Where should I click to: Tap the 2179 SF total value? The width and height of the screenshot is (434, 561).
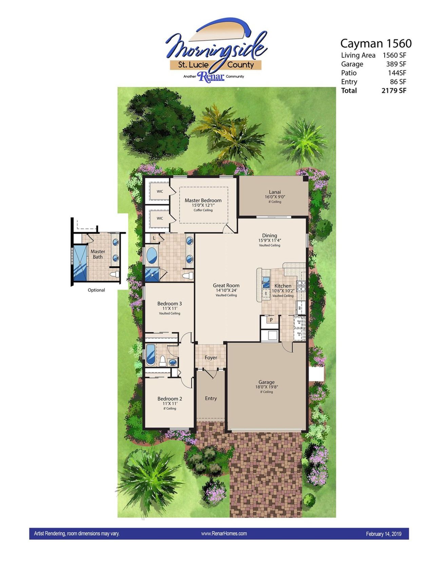click(x=394, y=90)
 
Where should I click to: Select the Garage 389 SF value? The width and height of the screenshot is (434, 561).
click(x=396, y=64)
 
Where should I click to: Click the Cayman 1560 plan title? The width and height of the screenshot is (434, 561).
click(x=376, y=43)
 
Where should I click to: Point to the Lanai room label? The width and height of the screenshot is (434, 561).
click(x=275, y=192)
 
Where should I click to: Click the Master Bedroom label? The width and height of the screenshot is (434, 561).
click(x=203, y=201)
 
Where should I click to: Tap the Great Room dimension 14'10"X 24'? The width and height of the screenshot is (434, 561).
click(x=226, y=290)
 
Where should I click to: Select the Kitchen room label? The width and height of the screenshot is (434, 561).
click(x=283, y=286)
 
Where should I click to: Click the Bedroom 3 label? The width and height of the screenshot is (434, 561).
click(x=170, y=304)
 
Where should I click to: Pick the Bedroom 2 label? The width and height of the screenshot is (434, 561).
click(x=170, y=399)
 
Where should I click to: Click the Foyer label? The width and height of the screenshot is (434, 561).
click(x=211, y=358)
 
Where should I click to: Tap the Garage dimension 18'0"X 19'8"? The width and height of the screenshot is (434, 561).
click(x=267, y=387)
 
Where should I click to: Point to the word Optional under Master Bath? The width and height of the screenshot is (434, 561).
click(x=96, y=290)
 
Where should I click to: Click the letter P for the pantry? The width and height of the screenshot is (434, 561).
click(x=271, y=320)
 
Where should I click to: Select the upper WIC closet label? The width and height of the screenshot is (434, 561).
click(x=160, y=191)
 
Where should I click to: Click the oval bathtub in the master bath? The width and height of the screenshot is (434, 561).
click(x=152, y=256)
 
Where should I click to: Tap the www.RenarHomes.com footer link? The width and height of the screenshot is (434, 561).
click(x=224, y=534)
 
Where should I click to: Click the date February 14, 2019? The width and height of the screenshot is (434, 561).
click(x=383, y=534)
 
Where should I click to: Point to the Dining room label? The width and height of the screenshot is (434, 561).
click(x=270, y=235)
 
